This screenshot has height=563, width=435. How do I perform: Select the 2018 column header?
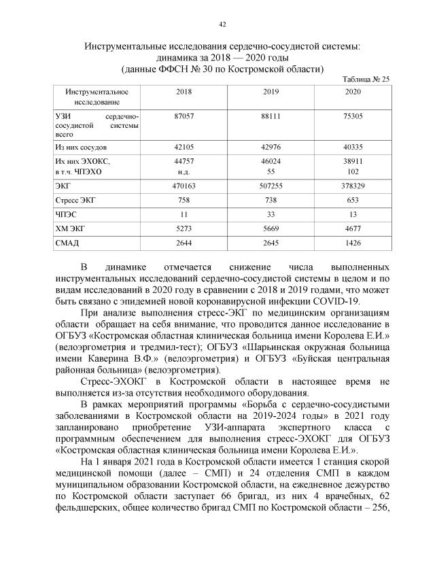pos(184,91)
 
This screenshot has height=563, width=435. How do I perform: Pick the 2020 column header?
pos(353,91)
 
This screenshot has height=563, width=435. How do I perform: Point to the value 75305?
pos(353,117)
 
